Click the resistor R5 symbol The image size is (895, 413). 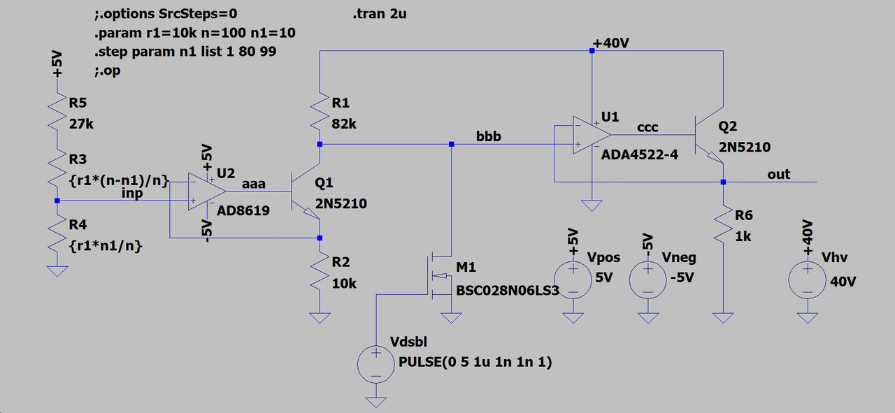click(57, 112)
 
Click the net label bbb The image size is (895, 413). click(489, 136)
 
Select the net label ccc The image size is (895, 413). click(647, 127)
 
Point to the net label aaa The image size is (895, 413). click(253, 183)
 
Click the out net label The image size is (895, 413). click(778, 174)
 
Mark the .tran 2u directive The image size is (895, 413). click(380, 14)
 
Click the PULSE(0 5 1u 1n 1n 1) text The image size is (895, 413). click(475, 363)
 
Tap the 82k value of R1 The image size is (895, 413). click(344, 124)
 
